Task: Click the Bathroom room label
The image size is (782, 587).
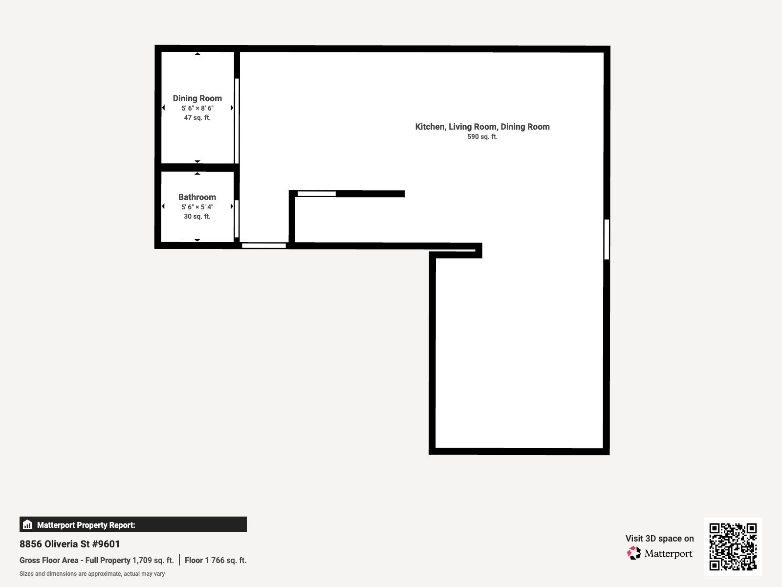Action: [x=197, y=197]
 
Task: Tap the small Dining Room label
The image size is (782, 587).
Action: [x=197, y=98]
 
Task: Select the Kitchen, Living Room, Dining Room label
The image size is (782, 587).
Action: [x=482, y=127]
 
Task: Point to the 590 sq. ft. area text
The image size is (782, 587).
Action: [x=482, y=137]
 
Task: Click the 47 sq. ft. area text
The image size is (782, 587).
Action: [x=197, y=118]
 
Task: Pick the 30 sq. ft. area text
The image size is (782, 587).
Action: [x=197, y=217]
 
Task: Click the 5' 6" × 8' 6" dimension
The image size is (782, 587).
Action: [x=197, y=108]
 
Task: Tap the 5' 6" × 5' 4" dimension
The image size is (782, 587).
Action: [x=197, y=207]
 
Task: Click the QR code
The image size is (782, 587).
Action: [x=733, y=546]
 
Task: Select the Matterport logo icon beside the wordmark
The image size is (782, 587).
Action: [x=634, y=553]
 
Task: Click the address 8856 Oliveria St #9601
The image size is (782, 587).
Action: [x=70, y=544]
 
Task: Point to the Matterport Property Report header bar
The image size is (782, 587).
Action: [x=133, y=524]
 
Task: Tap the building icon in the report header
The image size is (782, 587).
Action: [x=27, y=525]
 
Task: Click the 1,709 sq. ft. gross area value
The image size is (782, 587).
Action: [x=153, y=560]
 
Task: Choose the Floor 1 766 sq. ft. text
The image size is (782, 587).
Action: [x=216, y=560]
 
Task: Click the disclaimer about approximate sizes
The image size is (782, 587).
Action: [x=92, y=574]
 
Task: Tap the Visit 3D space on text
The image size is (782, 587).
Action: [x=659, y=539]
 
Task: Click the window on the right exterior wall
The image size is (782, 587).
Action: [x=607, y=239]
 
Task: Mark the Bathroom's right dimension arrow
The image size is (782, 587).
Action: [x=232, y=206]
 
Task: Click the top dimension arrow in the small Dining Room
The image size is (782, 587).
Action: [x=197, y=54]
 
